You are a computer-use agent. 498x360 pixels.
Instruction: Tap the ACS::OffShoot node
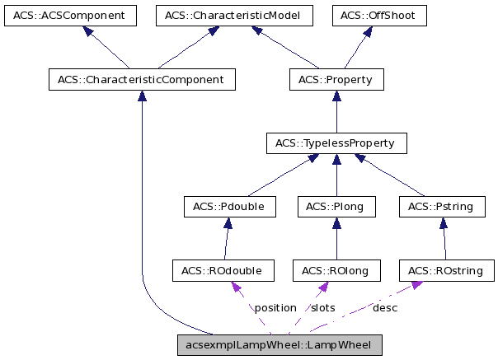click(379, 16)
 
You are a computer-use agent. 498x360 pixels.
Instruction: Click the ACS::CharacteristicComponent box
click(142, 80)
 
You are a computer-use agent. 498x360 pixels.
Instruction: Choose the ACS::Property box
click(336, 80)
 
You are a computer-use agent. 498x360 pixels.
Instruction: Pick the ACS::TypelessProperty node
click(336, 143)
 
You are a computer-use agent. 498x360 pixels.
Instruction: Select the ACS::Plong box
click(336, 207)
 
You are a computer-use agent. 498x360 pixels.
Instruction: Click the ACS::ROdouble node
click(223, 270)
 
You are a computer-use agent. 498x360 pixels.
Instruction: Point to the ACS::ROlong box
click(336, 270)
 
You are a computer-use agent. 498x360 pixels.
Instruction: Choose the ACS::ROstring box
click(446, 270)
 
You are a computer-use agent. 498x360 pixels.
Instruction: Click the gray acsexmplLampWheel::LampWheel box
click(280, 344)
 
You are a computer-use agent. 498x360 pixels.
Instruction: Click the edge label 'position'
click(275, 307)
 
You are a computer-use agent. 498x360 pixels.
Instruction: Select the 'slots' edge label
click(322, 307)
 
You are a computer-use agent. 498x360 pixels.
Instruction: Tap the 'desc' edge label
click(385, 307)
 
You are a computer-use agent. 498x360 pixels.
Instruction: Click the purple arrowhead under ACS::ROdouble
click(236, 287)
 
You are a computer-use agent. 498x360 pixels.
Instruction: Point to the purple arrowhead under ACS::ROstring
click(417, 285)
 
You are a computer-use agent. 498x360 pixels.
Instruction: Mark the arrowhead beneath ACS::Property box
click(336, 96)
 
